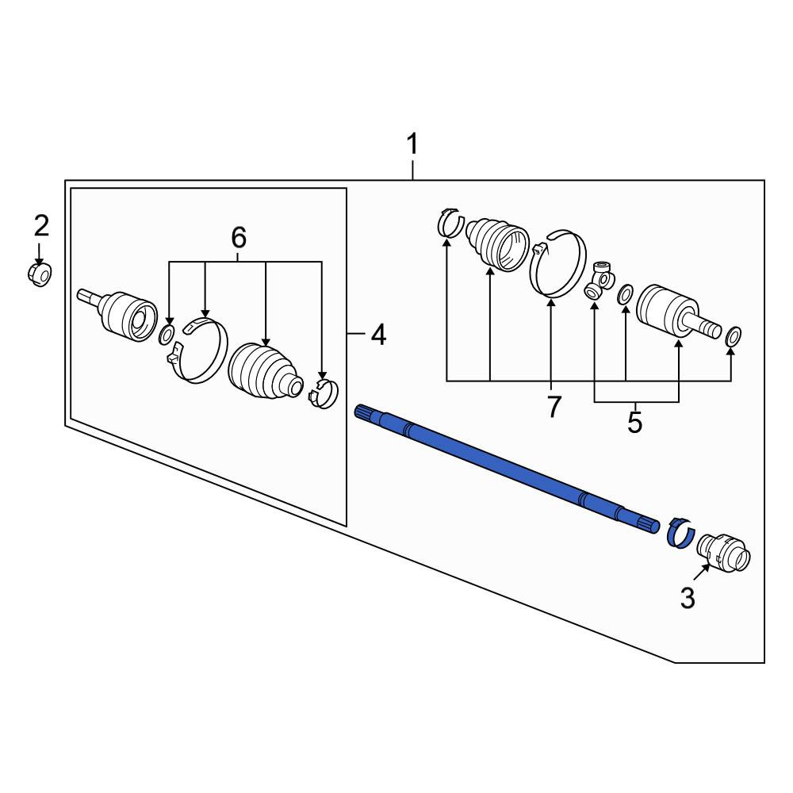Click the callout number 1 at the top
tap(412, 144)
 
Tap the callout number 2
tap(41, 225)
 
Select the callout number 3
tap(688, 598)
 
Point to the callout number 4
tap(378, 335)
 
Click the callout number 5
tap(634, 423)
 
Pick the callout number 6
tap(239, 236)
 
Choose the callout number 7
tap(554, 407)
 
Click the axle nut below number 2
tap(39, 274)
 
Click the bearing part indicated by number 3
tap(724, 553)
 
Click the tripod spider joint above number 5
tap(600, 281)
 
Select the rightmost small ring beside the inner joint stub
tap(733, 337)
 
